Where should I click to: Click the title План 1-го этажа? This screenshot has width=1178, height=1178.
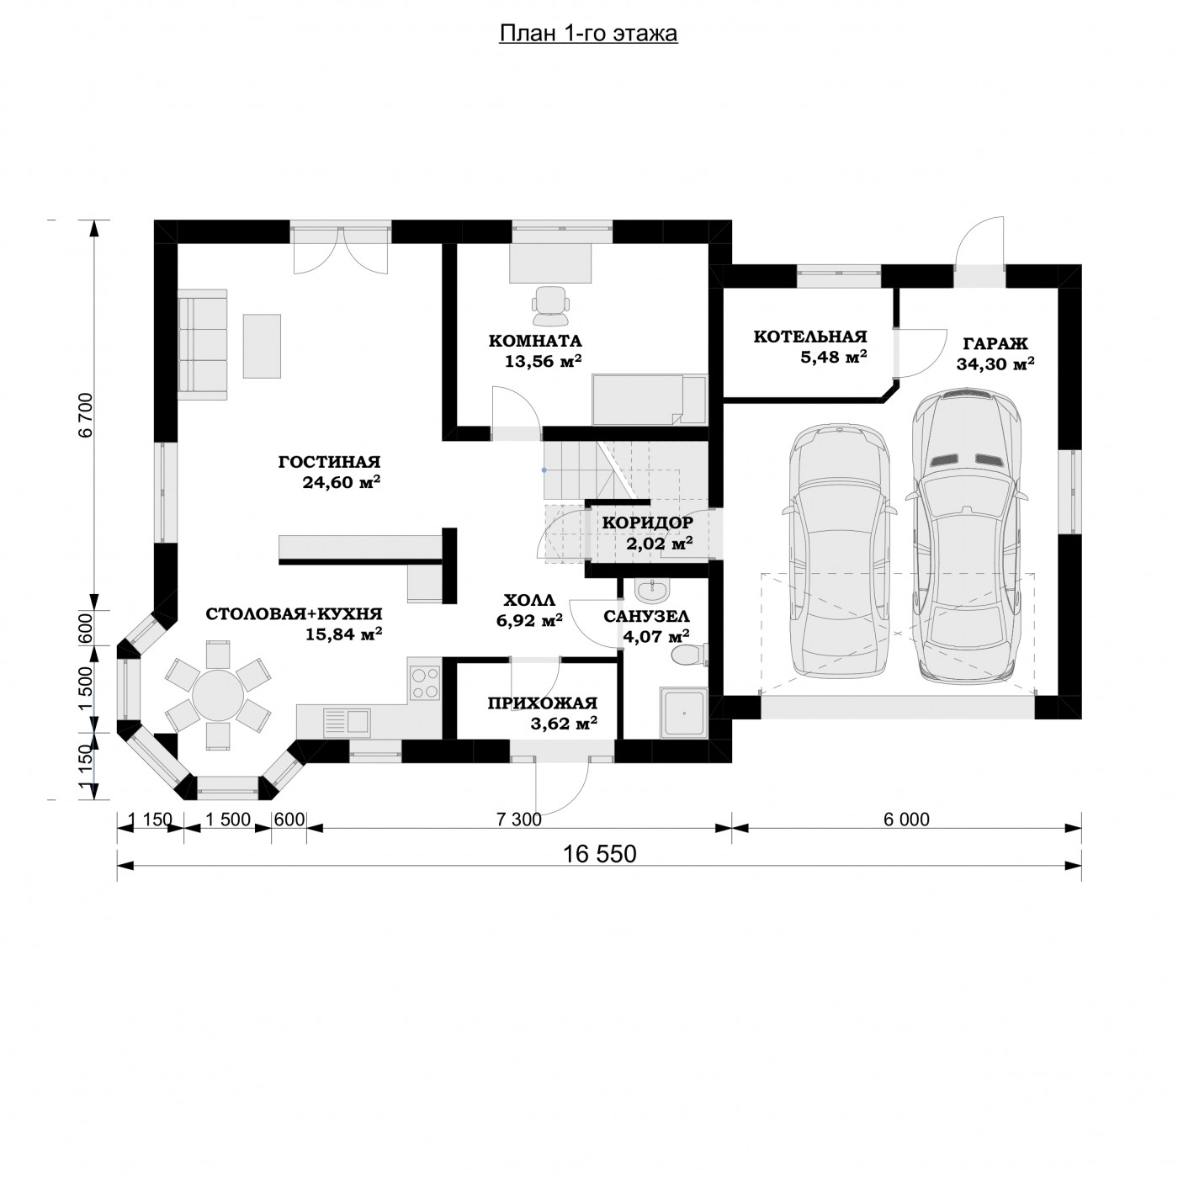pos(588,33)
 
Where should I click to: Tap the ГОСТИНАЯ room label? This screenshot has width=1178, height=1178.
pos(329,462)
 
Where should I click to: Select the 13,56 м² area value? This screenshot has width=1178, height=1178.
pos(543,361)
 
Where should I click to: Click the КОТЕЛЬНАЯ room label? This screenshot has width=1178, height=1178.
pos(809,337)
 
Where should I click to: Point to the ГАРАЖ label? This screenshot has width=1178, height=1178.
pos(995,344)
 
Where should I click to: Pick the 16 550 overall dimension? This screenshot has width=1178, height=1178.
pos(599,854)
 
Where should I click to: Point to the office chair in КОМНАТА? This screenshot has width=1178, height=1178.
pos(550,305)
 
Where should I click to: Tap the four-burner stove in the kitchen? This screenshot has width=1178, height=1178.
pos(426,682)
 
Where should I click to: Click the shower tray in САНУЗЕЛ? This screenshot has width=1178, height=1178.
pos(682,712)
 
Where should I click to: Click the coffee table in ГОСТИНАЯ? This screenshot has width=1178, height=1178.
pos(263,346)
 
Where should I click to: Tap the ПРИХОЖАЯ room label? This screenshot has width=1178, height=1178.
pos(542,703)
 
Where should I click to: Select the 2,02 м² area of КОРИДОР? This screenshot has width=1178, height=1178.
pos(659,543)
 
